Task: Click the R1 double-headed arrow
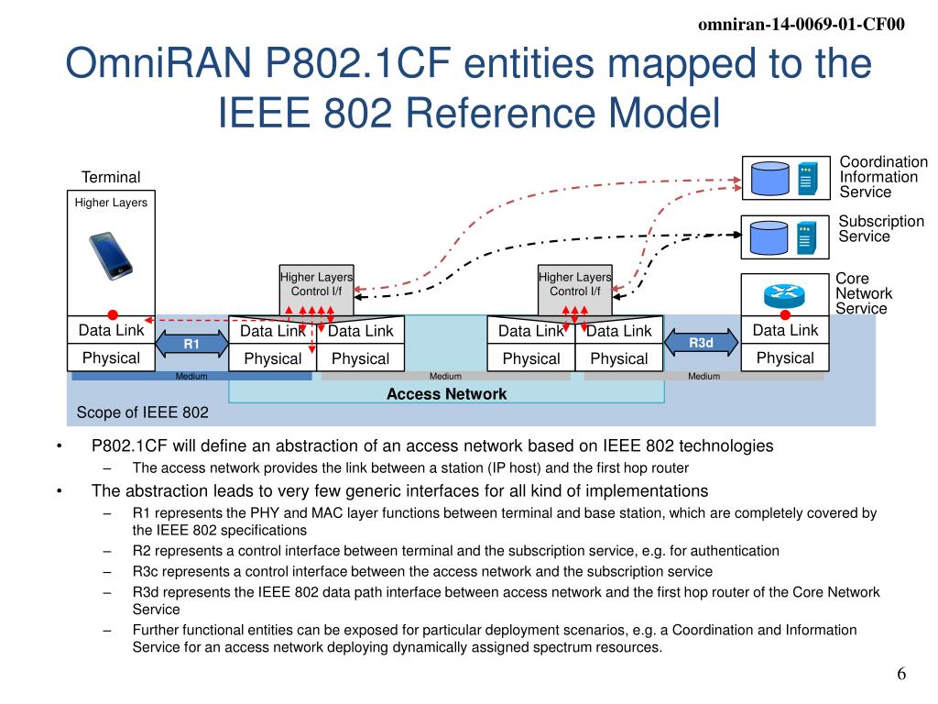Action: [x=191, y=344]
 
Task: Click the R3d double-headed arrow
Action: [x=701, y=343]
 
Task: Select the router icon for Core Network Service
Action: [x=784, y=294]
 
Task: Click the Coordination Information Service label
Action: [x=883, y=177]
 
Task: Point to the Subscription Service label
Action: [x=881, y=229]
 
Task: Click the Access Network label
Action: [x=446, y=394]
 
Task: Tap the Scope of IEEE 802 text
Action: [x=142, y=412]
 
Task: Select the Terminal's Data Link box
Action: [x=111, y=330]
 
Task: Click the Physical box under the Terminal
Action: [x=111, y=357]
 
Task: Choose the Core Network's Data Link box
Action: [x=785, y=330]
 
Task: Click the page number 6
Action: [x=901, y=675]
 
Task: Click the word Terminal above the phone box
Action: [x=111, y=177]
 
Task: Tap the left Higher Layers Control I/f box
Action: [x=316, y=284]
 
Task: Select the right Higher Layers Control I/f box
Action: [x=574, y=284]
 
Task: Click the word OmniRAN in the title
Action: [x=158, y=66]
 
